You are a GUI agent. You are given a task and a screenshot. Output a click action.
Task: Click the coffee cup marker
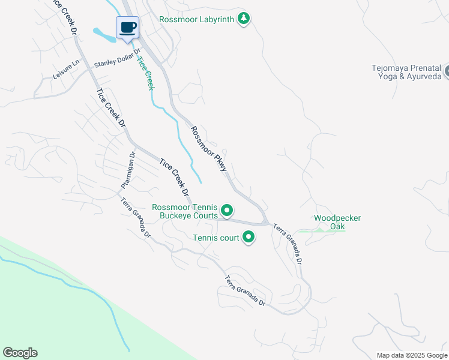(x=127, y=28)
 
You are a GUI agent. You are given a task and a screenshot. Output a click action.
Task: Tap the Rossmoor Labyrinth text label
(x=196, y=19)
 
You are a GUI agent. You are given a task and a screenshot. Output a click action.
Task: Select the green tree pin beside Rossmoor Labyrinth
(x=243, y=19)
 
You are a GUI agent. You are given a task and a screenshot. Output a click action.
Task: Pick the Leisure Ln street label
(x=66, y=70)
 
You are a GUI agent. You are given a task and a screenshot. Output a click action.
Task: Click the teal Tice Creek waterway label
(x=146, y=73)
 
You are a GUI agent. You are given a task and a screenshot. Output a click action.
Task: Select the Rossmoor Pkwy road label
(x=209, y=149)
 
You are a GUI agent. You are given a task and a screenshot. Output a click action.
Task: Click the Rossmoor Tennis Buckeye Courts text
(x=184, y=211)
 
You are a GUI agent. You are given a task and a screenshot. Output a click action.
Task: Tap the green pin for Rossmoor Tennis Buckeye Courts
(x=227, y=211)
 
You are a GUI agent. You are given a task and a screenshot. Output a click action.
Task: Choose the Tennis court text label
(x=215, y=238)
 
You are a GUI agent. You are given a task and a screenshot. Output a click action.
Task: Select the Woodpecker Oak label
(x=337, y=222)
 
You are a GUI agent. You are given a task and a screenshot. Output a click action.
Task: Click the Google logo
(x=20, y=353)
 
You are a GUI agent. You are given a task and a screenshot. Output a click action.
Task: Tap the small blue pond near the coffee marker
(x=103, y=35)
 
